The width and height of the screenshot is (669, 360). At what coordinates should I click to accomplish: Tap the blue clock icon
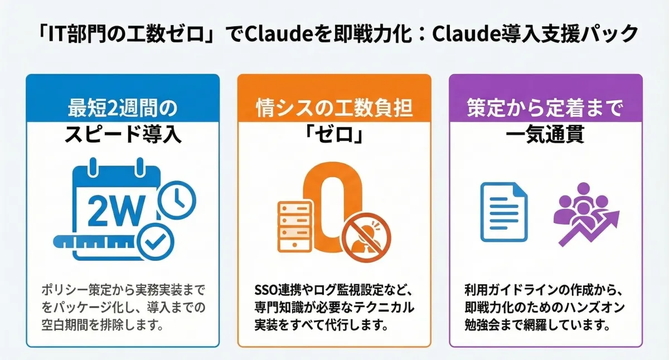pos(177,200)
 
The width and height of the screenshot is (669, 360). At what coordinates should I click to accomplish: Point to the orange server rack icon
pos(295,227)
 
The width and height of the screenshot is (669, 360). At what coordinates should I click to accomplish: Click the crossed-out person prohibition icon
pos(366,237)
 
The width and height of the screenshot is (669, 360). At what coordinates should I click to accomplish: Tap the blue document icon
pos(504,212)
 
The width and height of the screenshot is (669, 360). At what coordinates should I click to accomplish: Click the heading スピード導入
pos(123,135)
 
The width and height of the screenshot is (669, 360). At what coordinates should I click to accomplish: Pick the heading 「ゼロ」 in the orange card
pos(334,135)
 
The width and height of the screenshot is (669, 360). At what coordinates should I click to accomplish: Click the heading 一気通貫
pos(545,135)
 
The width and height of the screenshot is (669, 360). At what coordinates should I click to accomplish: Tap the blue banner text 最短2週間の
pos(123,108)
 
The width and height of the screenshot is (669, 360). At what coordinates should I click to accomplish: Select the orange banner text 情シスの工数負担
pos(335,108)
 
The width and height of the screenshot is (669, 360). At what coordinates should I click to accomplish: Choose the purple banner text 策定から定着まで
pos(546,108)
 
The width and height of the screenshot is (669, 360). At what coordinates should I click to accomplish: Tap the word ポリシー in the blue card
pos(65,290)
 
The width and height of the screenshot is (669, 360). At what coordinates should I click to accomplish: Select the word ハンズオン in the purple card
pos(595,307)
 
